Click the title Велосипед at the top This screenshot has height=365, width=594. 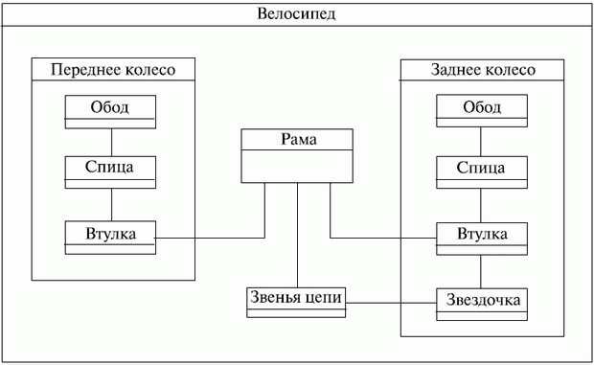tap(296, 14)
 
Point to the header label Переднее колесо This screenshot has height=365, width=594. tap(113, 70)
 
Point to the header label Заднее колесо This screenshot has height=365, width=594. tap(482, 70)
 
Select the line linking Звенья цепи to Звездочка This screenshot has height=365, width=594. tap(391, 304)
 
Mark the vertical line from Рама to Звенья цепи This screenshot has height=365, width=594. tap(297, 235)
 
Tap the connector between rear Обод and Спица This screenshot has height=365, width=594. tap(482, 141)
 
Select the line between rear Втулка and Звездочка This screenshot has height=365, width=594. tap(482, 270)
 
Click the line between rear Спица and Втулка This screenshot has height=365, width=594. tap(482, 204)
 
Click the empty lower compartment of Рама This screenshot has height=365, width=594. tap(297, 167)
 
